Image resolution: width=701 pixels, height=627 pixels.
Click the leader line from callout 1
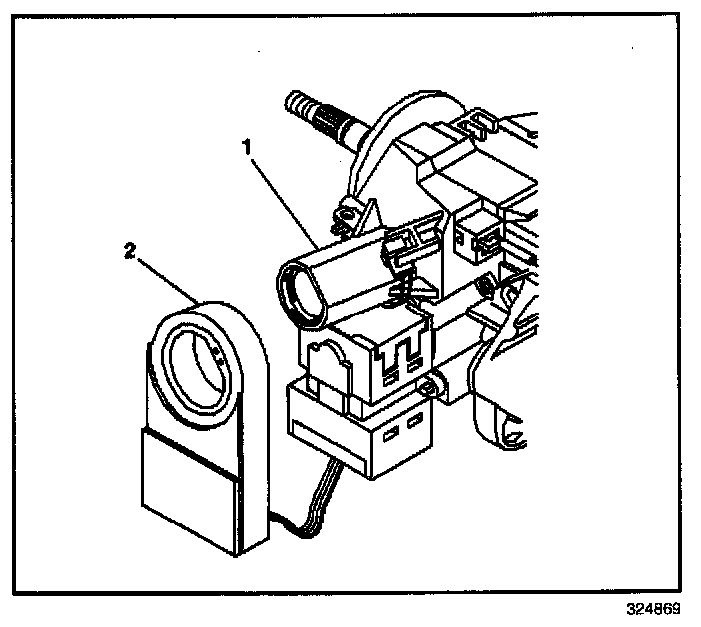[284, 199]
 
